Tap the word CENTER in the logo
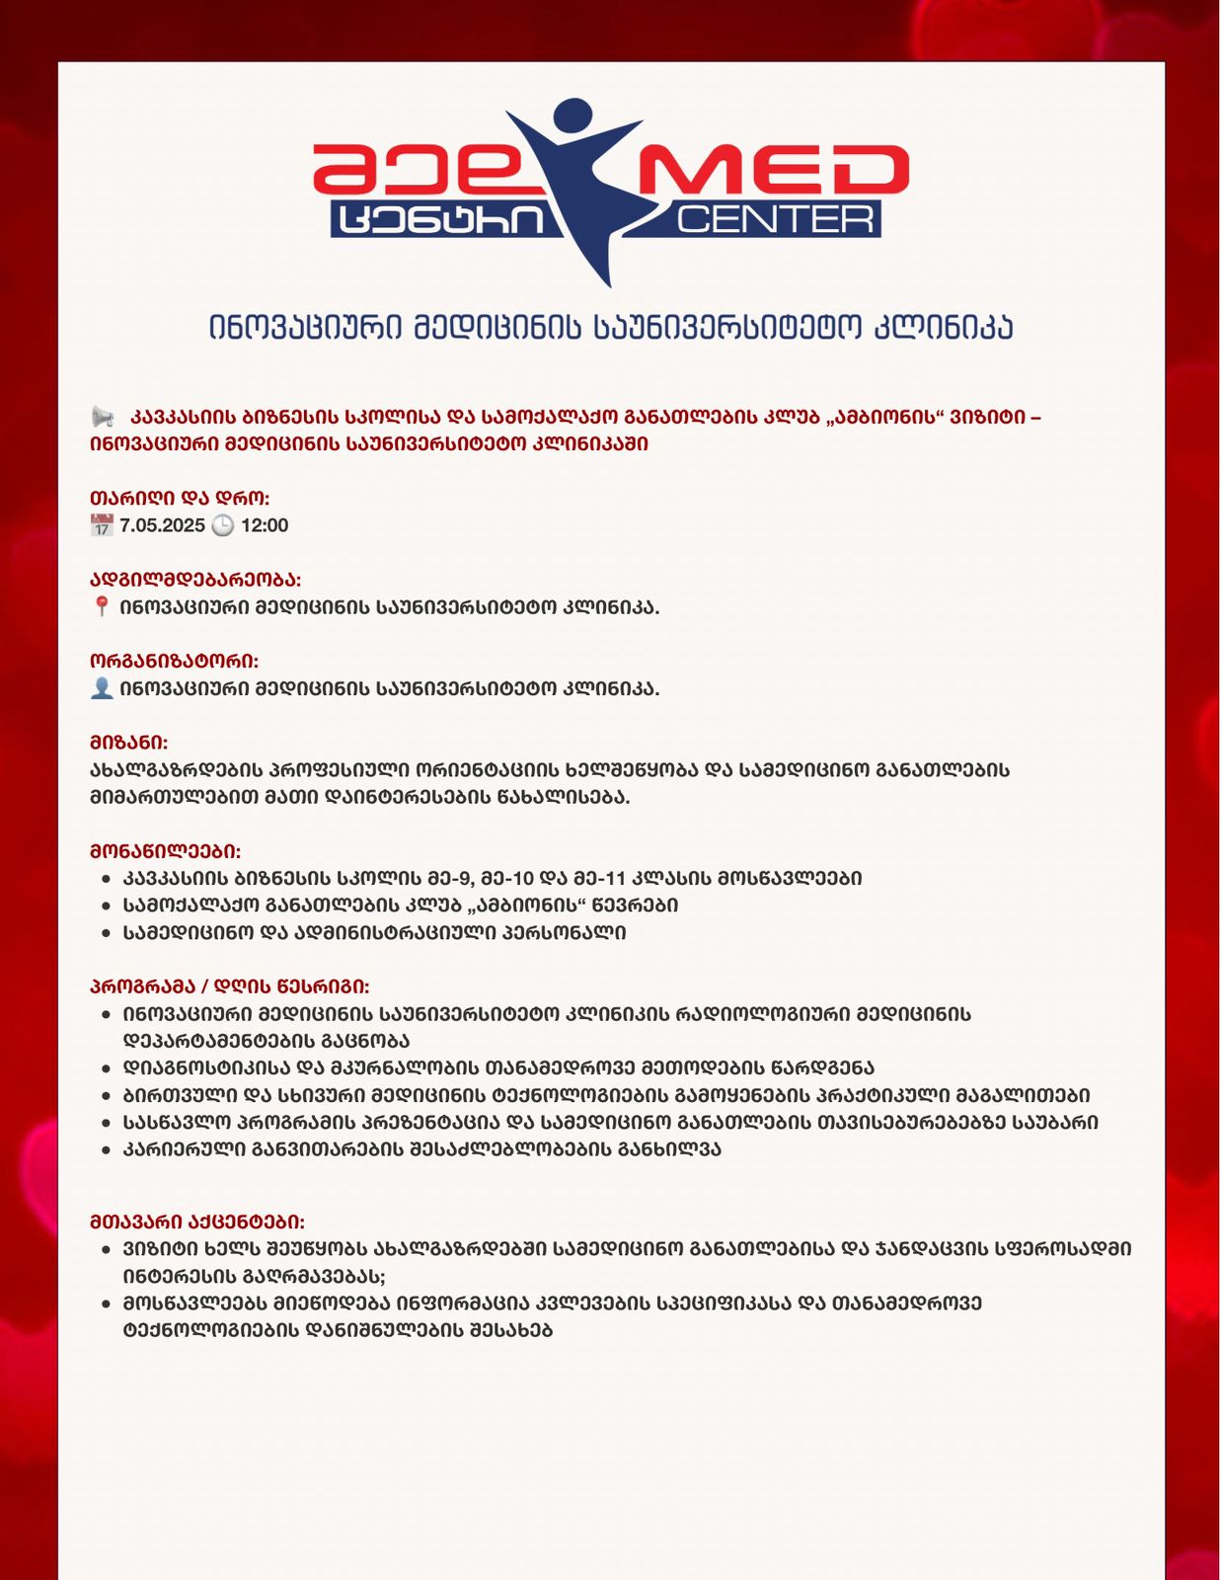(x=776, y=219)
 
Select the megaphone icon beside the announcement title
(x=103, y=417)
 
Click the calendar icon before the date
(x=102, y=525)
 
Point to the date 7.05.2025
(x=162, y=525)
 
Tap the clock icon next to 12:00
(x=223, y=525)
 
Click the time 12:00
(x=265, y=525)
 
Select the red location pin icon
(x=102, y=606)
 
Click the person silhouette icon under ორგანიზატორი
(x=102, y=688)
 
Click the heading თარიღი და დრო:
(x=179, y=498)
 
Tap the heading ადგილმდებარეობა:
(x=195, y=580)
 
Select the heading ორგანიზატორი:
(x=174, y=661)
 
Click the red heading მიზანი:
(x=128, y=743)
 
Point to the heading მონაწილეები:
(x=165, y=851)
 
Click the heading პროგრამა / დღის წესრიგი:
(x=229, y=987)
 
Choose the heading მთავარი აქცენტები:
(x=196, y=1222)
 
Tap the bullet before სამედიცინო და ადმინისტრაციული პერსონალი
(x=107, y=933)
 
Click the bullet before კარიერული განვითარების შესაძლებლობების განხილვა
(x=107, y=1150)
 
